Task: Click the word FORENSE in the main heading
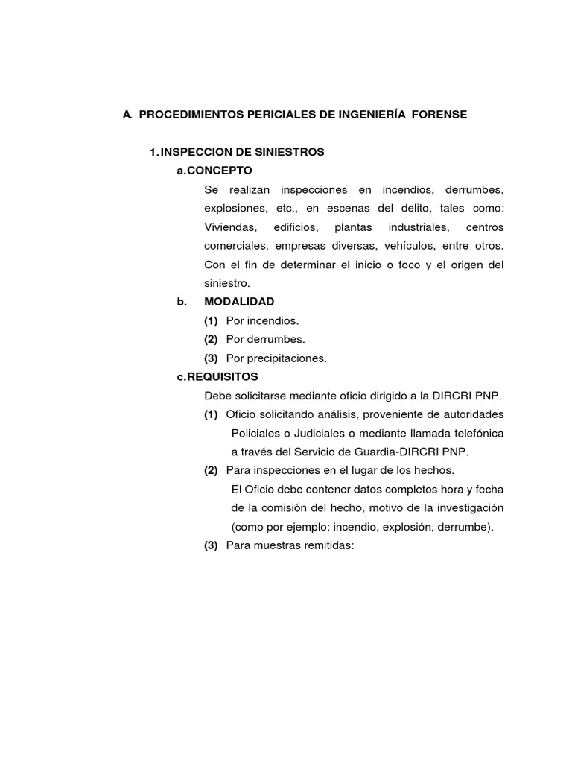click(x=442, y=115)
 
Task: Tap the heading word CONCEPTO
click(x=220, y=171)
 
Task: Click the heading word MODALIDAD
click(x=239, y=302)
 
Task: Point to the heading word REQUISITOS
click(x=223, y=376)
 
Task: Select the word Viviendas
click(x=229, y=227)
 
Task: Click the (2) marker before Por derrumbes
click(x=211, y=339)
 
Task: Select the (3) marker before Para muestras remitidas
click(x=211, y=545)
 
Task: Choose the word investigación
click(x=468, y=507)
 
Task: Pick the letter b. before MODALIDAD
click(x=181, y=302)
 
